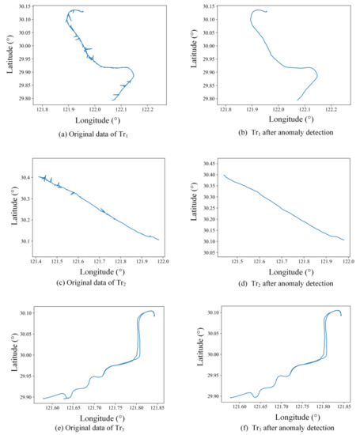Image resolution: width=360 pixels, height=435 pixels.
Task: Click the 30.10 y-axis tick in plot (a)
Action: (25, 19)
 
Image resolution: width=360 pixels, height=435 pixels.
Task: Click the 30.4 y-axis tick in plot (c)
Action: (26, 178)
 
